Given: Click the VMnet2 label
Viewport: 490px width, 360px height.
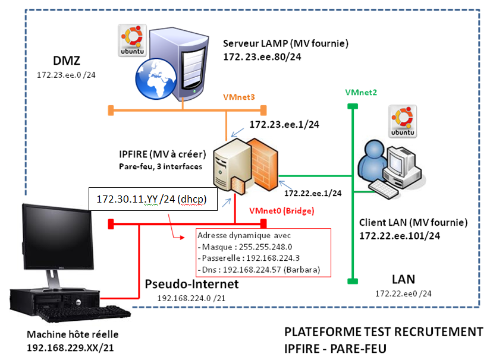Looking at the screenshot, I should [361, 92].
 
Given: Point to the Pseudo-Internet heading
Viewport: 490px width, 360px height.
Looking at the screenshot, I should [191, 284].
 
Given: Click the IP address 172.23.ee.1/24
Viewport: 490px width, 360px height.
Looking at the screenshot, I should [284, 125].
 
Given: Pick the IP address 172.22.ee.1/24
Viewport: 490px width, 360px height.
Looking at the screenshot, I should [313, 193].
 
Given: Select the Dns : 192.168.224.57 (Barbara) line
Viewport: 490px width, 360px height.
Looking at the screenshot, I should [258, 270].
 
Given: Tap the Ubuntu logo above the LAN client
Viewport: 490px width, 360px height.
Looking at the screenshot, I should [398, 119].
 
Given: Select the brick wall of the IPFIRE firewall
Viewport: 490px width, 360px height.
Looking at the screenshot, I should [260, 160].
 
